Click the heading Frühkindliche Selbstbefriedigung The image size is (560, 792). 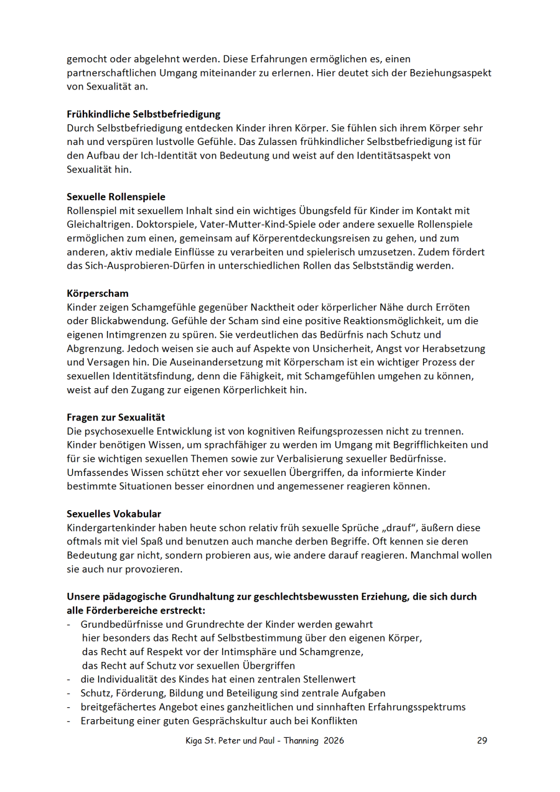pos(144,114)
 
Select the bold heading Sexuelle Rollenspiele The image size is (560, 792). pos(116,197)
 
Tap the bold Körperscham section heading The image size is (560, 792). pos(98,293)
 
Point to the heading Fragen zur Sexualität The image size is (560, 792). pos(116,417)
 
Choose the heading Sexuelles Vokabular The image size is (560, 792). pos(114,514)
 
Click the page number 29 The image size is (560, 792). pos(482,740)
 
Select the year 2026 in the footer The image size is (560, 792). pos(334,740)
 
